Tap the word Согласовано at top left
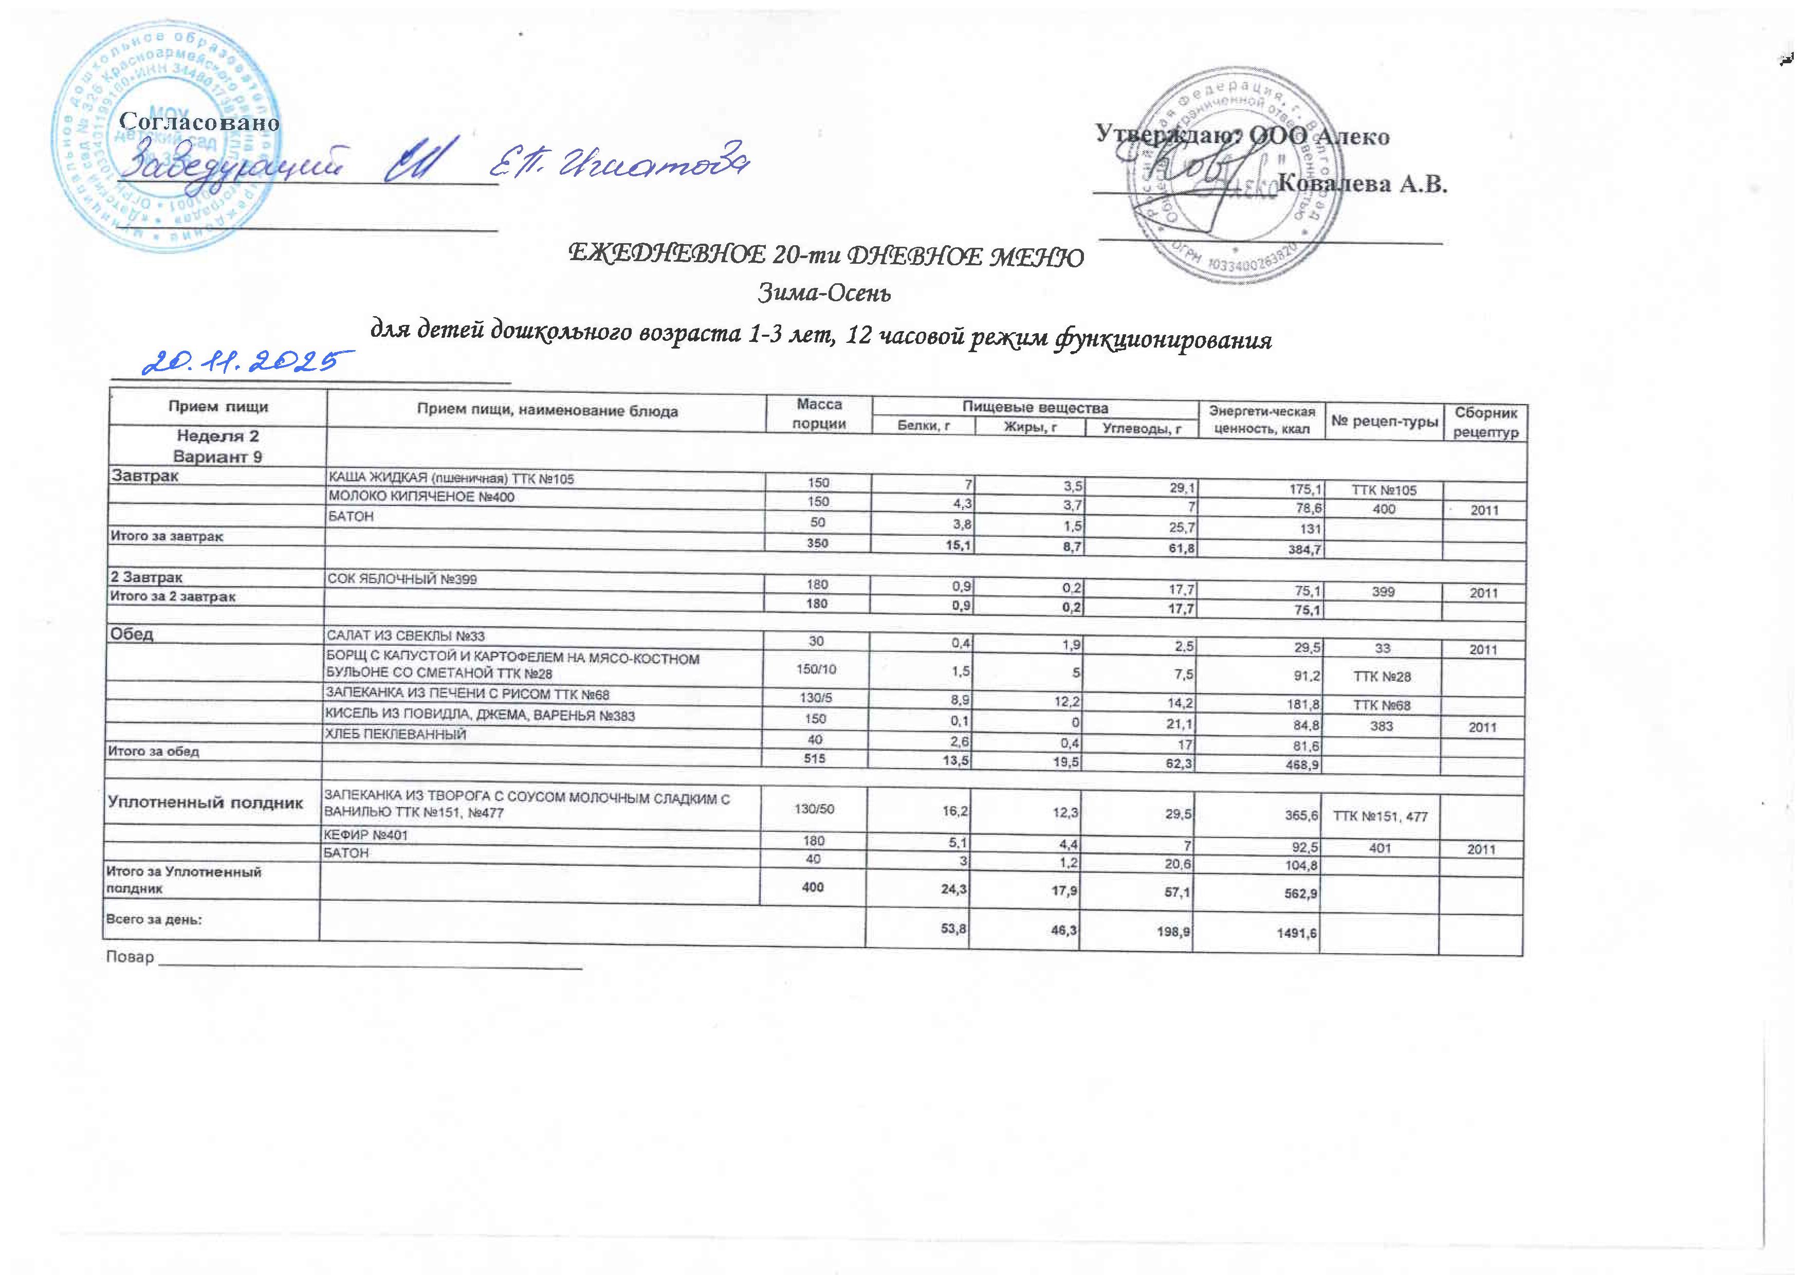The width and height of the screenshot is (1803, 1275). (199, 122)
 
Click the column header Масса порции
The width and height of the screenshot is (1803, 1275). (819, 413)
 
